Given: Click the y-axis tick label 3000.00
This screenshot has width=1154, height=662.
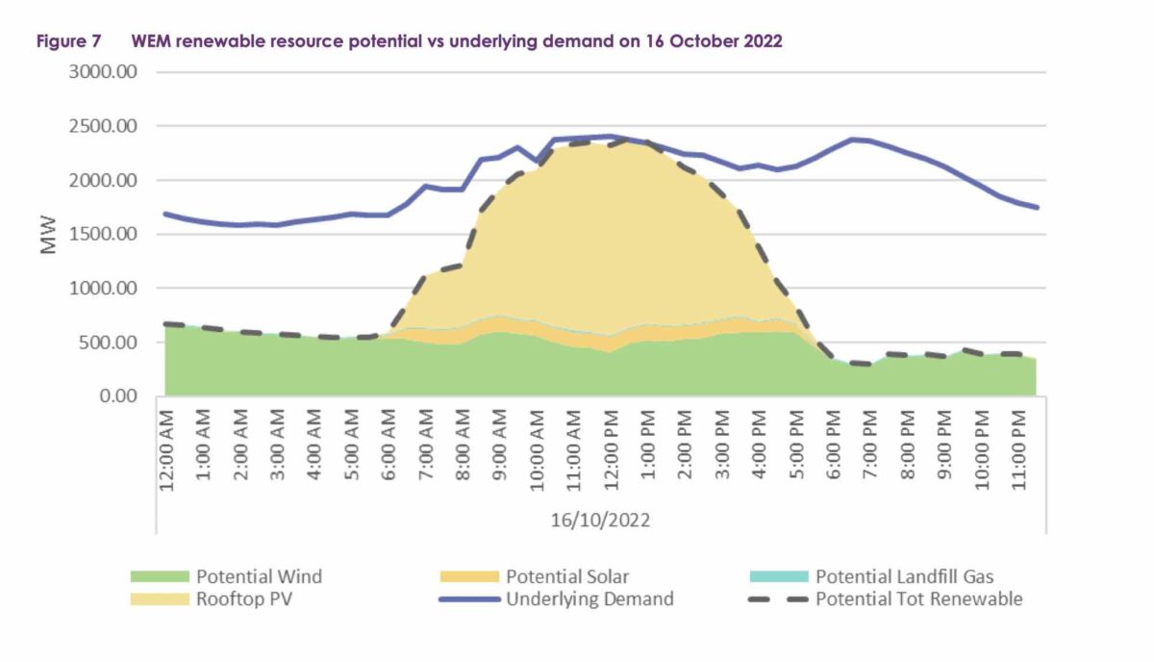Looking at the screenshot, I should (x=102, y=72).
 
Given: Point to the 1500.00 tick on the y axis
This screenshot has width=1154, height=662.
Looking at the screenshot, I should (x=102, y=234).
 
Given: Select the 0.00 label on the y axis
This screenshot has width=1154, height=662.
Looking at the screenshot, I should (x=115, y=395).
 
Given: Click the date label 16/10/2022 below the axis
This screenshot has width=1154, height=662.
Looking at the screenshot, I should (x=600, y=521).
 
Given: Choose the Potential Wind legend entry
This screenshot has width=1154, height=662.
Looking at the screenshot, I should (x=259, y=577).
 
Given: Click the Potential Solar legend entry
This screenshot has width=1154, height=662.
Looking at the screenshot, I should (x=567, y=577).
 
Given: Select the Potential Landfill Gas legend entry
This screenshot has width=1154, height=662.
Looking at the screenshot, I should (x=904, y=577).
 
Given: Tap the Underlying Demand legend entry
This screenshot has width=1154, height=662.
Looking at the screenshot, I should (x=590, y=598).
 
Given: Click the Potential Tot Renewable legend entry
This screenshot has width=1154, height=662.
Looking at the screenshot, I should (x=918, y=598).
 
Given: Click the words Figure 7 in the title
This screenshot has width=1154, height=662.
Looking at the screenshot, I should (x=68, y=42).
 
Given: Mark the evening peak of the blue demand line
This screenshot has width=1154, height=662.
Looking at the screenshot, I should (x=853, y=140).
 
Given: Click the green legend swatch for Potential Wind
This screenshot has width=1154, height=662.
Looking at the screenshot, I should (x=160, y=577).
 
